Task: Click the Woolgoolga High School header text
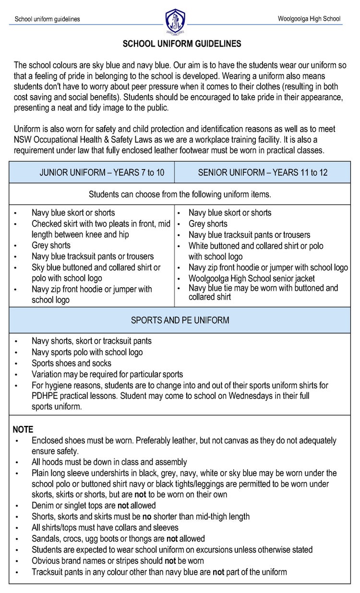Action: pyautogui.click(x=309, y=19)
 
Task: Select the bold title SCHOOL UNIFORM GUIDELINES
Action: pyautogui.click(x=182, y=44)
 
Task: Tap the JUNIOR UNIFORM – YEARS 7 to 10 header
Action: pyautogui.click(x=102, y=172)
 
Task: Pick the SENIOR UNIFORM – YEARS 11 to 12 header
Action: pyautogui.click(x=263, y=172)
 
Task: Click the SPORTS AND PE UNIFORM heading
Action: pyautogui.click(x=180, y=320)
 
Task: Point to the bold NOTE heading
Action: pyautogui.click(x=23, y=429)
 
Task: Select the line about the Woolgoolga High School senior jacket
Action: pyautogui.click(x=252, y=278)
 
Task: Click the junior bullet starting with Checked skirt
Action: pyautogui.click(x=101, y=224)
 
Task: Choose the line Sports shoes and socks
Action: pyautogui.click(x=72, y=363)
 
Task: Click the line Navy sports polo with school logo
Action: pyautogui.click(x=87, y=352)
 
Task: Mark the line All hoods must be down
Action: pyautogui.click(x=109, y=462)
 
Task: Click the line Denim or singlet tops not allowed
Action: pyautogui.click(x=94, y=506)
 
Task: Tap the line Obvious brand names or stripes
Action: pyautogui.click(x=118, y=561)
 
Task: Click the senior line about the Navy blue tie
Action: pyautogui.click(x=263, y=289)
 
